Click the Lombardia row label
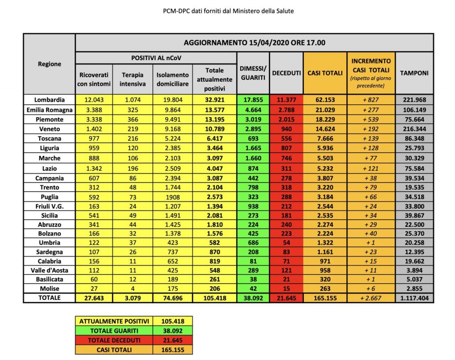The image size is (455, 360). pyautogui.click(x=49, y=100)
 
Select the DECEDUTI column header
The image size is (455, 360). pyautogui.click(x=286, y=73)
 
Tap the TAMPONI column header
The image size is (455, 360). pyautogui.click(x=414, y=73)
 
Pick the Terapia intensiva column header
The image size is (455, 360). pyautogui.click(x=132, y=79)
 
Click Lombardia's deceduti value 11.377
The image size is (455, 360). pyautogui.click(x=286, y=100)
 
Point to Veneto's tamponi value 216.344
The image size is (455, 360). pyautogui.click(x=414, y=129)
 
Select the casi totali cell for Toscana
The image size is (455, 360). pyautogui.click(x=325, y=139)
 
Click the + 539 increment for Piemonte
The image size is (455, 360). pyautogui.click(x=371, y=119)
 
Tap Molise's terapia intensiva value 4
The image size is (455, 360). pyautogui.click(x=132, y=289)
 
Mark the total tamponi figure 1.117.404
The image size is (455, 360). pyautogui.click(x=414, y=298)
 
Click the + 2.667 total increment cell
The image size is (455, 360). pyautogui.click(x=371, y=298)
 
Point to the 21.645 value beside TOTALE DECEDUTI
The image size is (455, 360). pyautogui.click(x=172, y=340)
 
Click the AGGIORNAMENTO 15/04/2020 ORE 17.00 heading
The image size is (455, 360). pyautogui.click(x=255, y=43)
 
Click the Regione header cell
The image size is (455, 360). pyautogui.click(x=49, y=64)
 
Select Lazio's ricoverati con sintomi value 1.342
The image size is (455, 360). pyautogui.click(x=94, y=168)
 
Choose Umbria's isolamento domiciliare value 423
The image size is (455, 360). pyautogui.click(x=172, y=243)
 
